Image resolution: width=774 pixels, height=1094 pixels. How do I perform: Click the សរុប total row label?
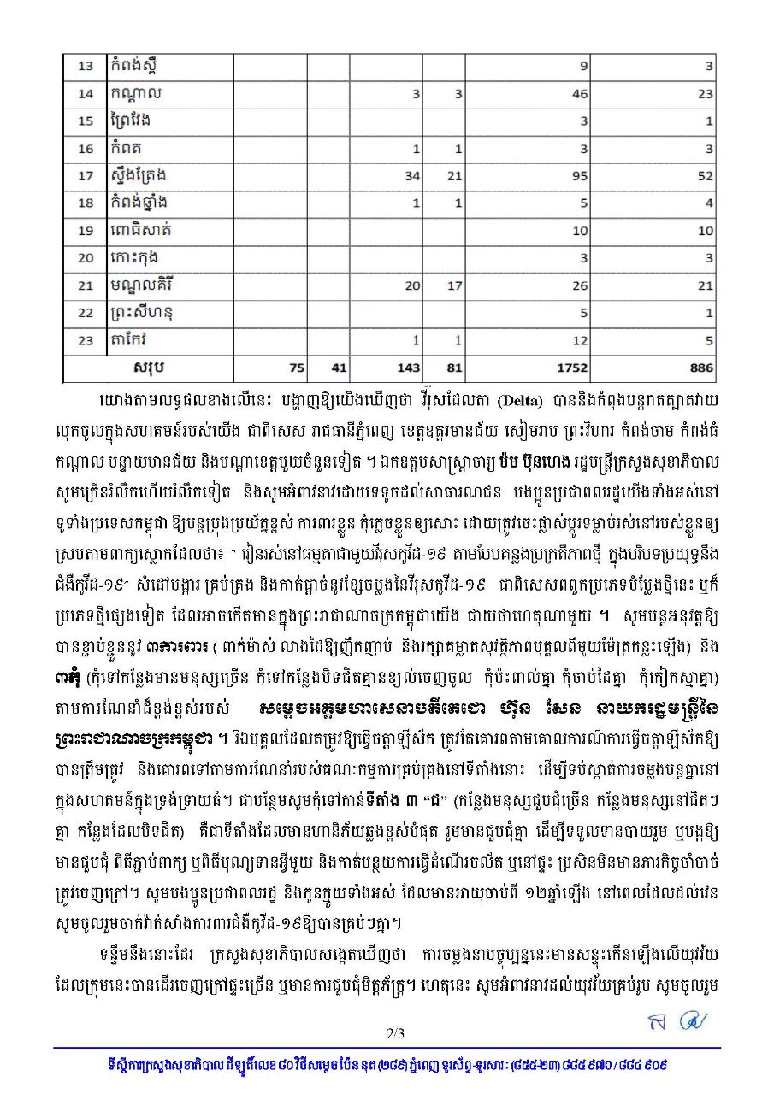point(149,368)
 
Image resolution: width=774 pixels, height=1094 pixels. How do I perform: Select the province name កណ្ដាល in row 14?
point(137,93)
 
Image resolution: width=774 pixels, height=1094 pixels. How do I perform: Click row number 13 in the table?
point(86,67)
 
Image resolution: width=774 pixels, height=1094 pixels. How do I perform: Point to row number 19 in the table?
point(86,231)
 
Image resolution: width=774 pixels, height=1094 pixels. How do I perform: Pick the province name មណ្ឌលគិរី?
point(143,285)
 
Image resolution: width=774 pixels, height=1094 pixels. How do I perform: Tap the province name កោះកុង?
point(135,257)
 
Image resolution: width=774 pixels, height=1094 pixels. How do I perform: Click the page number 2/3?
point(394,1033)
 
